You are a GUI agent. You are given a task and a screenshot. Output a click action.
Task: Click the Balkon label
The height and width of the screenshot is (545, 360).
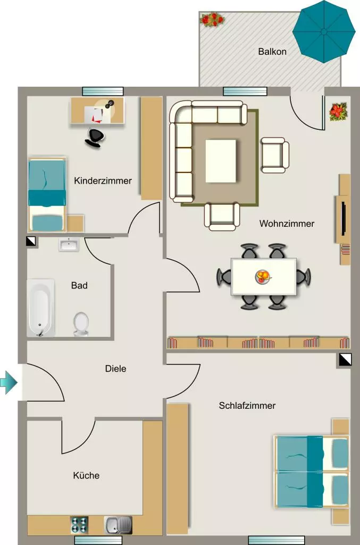[272, 52]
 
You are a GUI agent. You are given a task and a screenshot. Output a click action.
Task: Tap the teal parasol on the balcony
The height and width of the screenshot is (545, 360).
[324, 32]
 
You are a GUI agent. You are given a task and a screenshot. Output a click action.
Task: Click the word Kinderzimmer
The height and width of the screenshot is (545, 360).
[103, 181]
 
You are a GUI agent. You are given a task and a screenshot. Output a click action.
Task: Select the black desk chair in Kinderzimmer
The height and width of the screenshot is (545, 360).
[94, 137]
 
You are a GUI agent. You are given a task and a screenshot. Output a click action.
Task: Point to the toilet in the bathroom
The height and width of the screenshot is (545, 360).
[81, 324]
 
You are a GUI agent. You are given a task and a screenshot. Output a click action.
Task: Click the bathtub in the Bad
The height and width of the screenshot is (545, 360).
[41, 308]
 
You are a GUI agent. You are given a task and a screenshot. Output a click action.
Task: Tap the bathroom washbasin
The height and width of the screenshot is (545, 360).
[69, 245]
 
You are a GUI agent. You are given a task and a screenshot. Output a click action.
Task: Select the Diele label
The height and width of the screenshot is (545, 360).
[115, 368]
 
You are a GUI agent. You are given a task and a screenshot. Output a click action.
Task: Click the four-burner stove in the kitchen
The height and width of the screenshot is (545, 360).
[79, 525]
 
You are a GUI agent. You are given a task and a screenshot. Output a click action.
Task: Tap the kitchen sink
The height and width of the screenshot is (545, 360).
[118, 525]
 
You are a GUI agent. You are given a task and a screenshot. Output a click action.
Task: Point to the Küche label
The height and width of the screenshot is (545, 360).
[86, 475]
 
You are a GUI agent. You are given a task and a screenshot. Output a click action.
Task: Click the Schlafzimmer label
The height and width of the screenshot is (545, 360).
[247, 405]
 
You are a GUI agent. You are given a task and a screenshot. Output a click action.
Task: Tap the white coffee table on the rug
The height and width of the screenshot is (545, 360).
[221, 161]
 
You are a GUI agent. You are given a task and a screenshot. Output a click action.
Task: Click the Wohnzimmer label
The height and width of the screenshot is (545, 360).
[287, 224]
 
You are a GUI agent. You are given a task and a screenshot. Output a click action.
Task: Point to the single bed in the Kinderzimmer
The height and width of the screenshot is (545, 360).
[47, 195]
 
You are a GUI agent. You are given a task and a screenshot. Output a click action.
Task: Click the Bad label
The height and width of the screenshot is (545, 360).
[79, 285]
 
